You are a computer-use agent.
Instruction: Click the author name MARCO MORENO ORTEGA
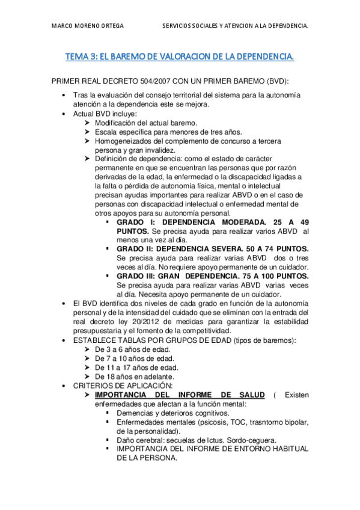tap(88, 26)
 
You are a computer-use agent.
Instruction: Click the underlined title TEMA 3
tap(180, 57)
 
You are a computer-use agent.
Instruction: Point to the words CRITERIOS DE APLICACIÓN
tap(123, 386)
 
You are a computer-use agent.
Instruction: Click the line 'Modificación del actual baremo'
tap(146, 123)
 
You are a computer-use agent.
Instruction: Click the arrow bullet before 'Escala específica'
tap(88, 132)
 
